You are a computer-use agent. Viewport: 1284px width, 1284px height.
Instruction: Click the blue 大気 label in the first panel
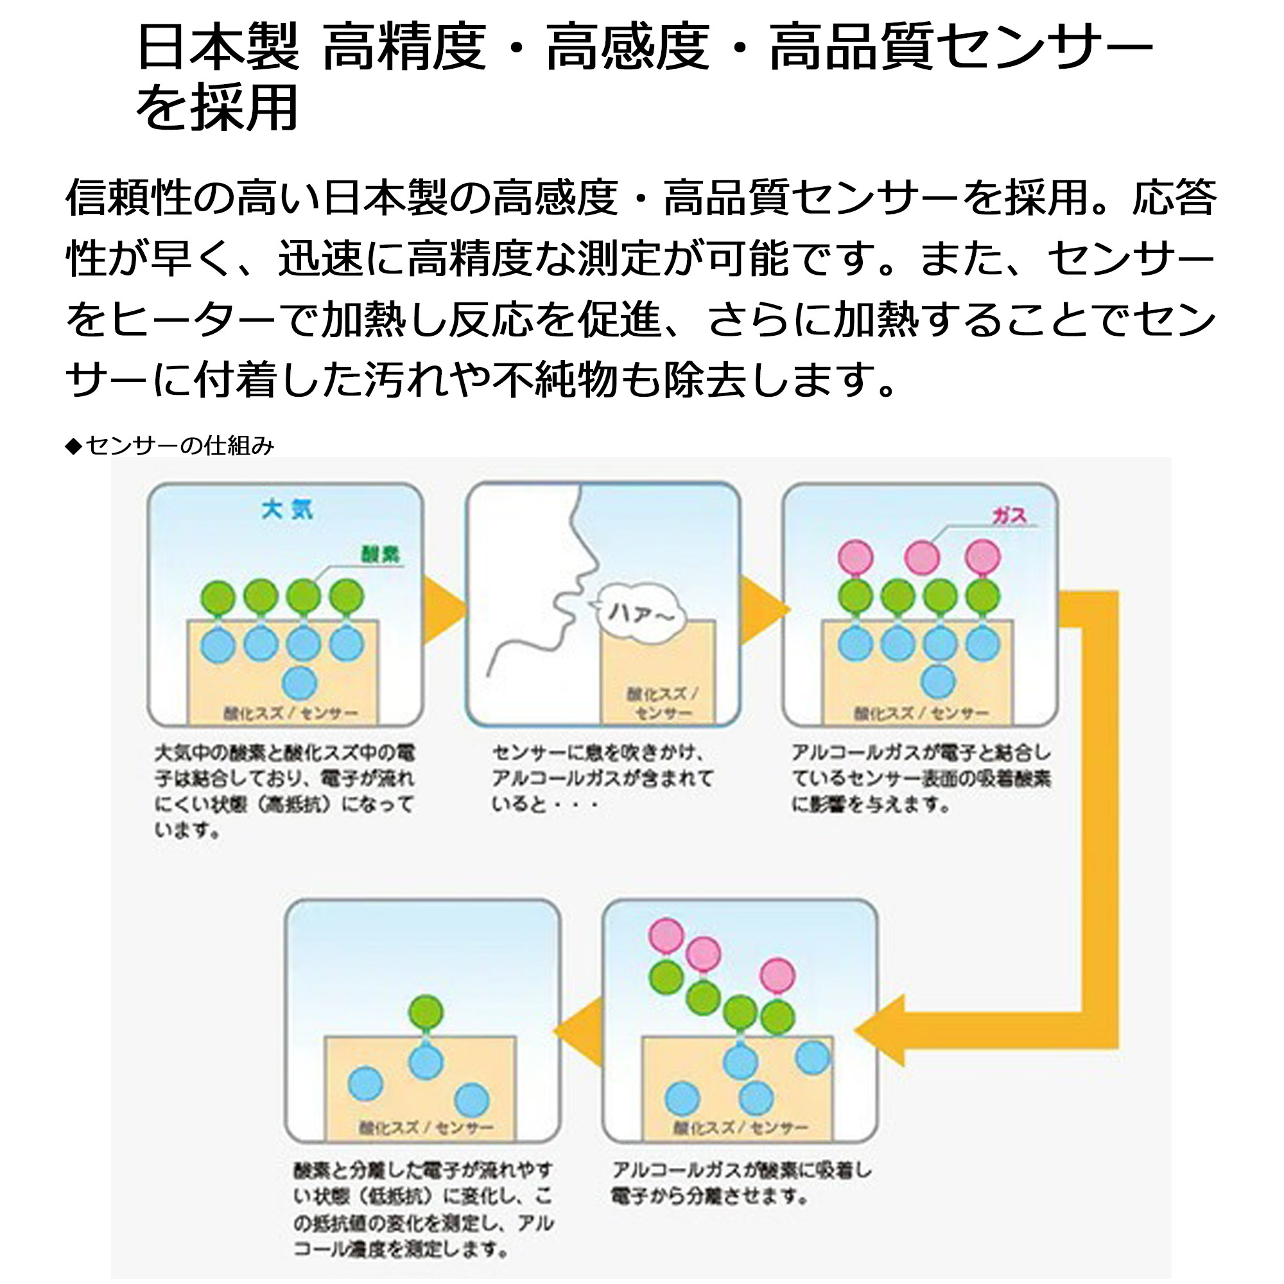(286, 510)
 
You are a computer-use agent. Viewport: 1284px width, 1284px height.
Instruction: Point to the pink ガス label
(1009, 515)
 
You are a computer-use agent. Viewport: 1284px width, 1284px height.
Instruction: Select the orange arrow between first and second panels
(442, 610)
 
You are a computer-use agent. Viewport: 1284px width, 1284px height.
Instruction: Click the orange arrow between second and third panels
(761, 609)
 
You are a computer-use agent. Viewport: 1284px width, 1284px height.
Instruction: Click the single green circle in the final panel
(426, 1012)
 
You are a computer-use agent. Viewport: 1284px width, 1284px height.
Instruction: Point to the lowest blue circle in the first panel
(300, 682)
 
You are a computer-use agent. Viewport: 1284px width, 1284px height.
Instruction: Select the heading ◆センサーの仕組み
(170, 446)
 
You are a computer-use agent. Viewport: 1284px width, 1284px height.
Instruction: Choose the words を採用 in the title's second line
(218, 108)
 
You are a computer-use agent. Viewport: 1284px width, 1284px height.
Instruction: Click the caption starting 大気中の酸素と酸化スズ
(284, 791)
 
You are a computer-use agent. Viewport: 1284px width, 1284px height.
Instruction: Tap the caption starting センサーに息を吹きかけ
(602, 777)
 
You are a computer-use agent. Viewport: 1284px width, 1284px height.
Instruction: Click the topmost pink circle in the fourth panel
(666, 935)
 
